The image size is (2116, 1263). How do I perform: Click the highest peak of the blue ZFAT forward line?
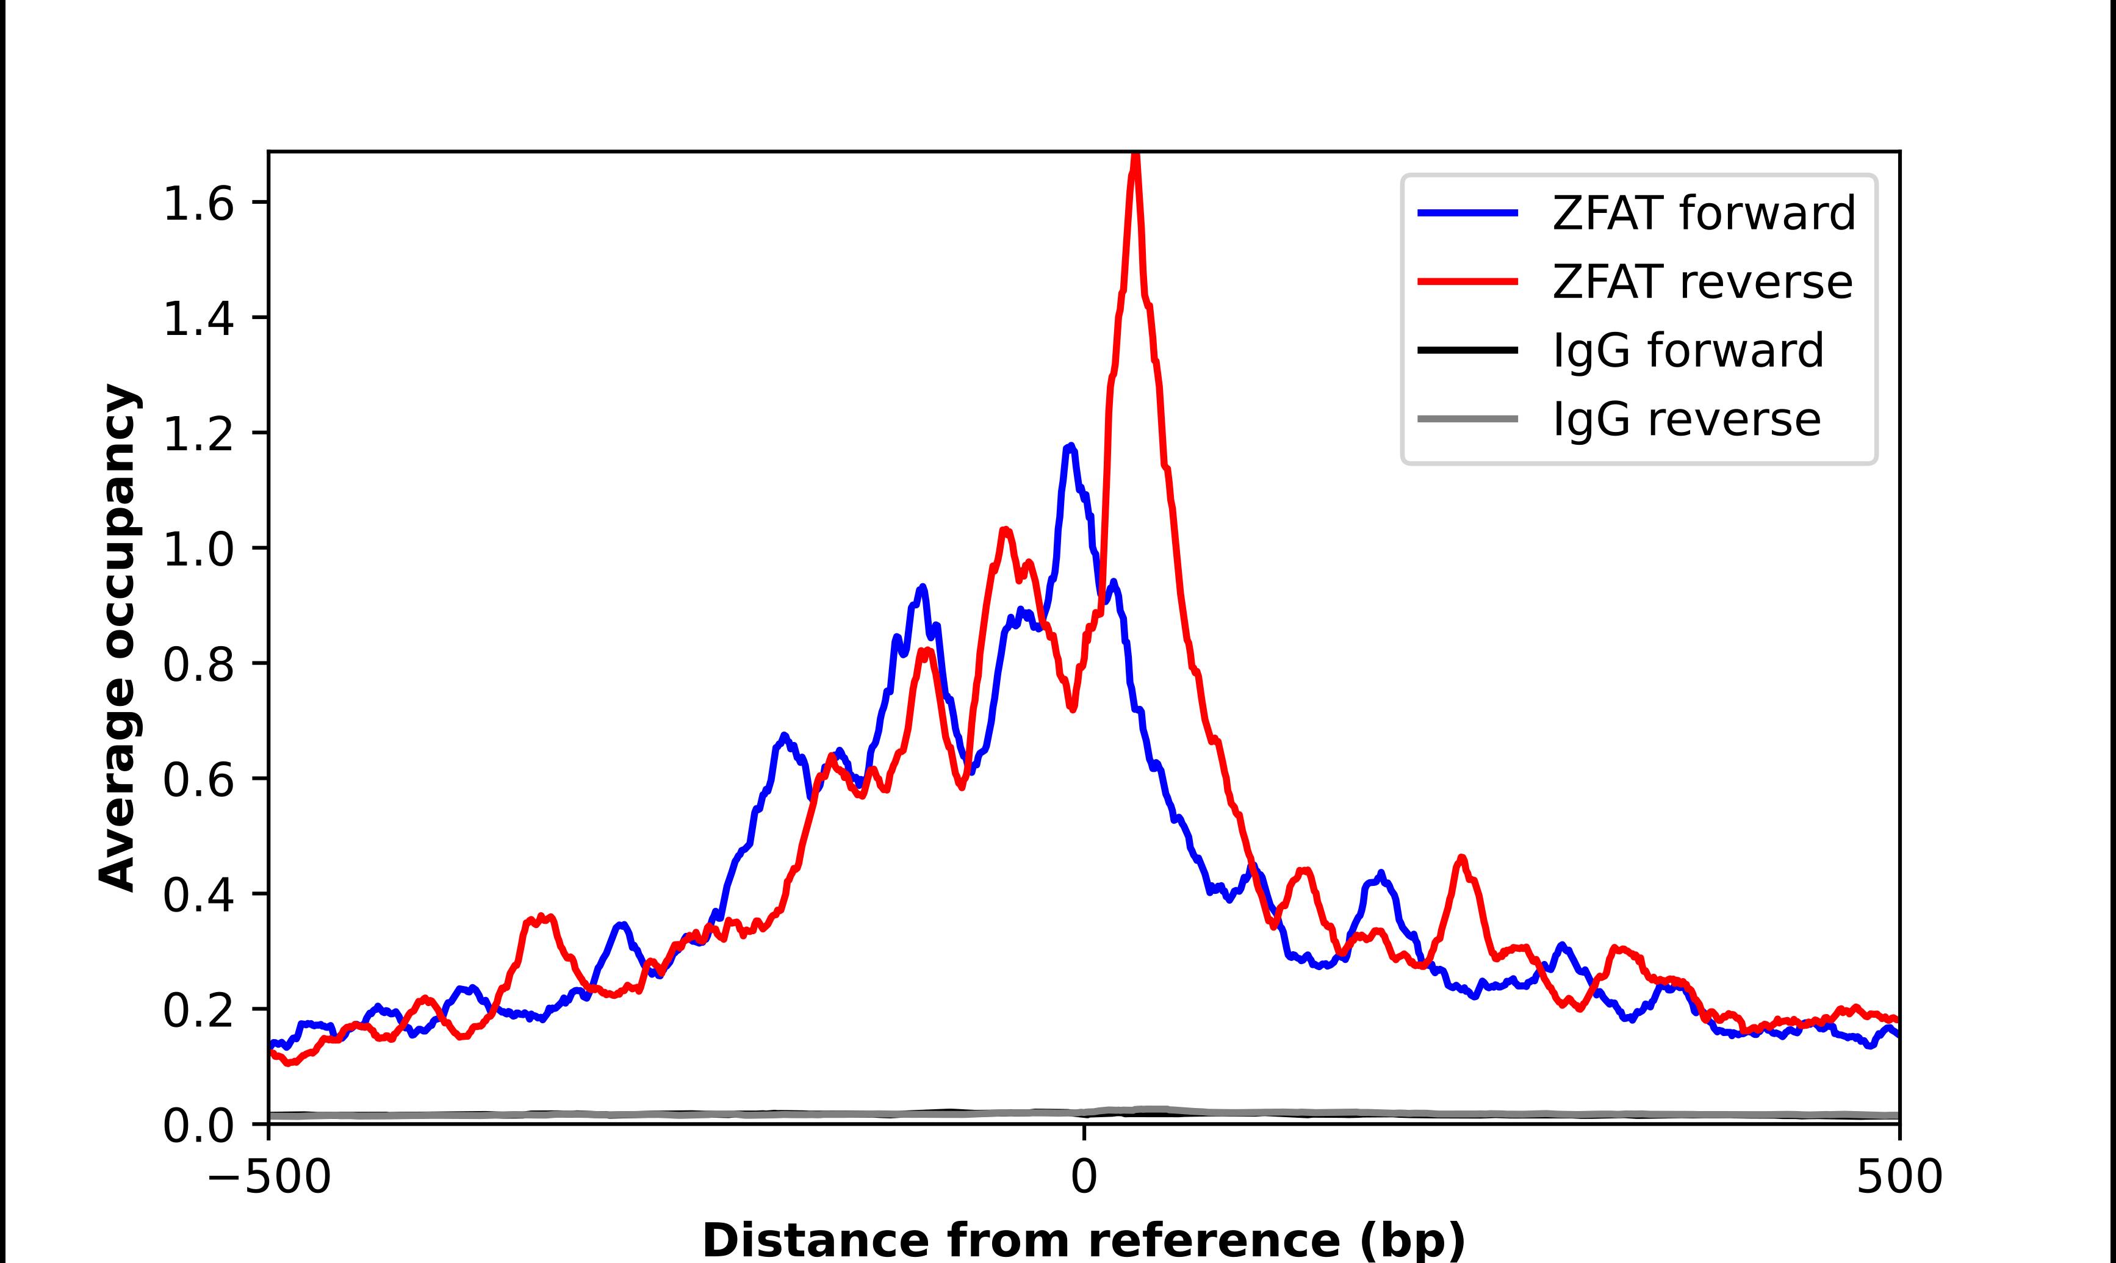click(x=1070, y=446)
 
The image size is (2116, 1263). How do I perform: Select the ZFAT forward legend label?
click(x=1704, y=213)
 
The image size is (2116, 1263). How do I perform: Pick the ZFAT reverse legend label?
click(x=1702, y=282)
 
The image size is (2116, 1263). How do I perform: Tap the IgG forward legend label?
click(x=1688, y=350)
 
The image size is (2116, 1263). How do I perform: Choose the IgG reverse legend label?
click(x=1686, y=419)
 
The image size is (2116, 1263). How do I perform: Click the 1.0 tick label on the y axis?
click(x=198, y=550)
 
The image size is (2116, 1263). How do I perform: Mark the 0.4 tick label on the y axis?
click(x=198, y=895)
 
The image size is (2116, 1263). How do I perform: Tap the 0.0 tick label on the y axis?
click(x=198, y=1126)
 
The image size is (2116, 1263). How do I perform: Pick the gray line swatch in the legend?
click(x=1467, y=419)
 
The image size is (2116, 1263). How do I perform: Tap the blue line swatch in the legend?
click(x=1467, y=213)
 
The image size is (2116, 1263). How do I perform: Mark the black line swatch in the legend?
click(x=1467, y=350)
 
